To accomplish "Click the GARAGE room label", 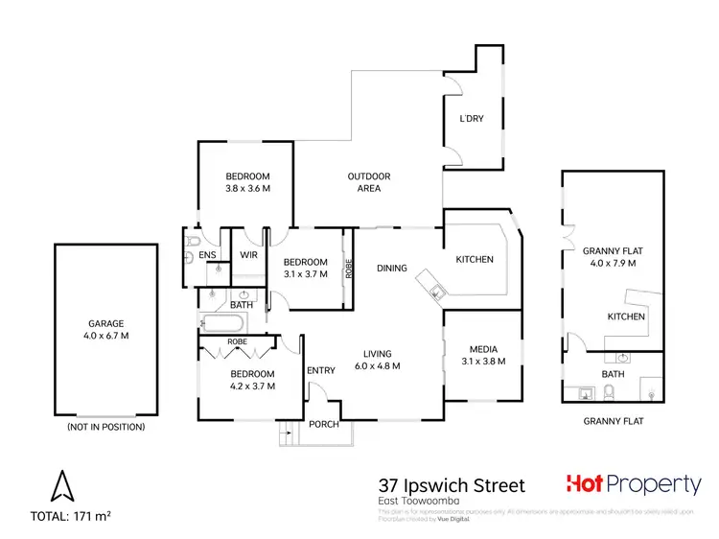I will (x=105, y=324).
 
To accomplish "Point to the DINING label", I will (x=392, y=269).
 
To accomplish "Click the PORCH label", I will (x=324, y=425).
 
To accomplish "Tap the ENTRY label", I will (x=321, y=370).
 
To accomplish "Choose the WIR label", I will (x=248, y=255).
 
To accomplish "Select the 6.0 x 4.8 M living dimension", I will (x=377, y=365).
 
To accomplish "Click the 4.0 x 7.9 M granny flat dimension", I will (x=612, y=265).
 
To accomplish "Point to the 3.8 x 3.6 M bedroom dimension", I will (x=247, y=189).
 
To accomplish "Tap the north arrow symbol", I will (x=61, y=485).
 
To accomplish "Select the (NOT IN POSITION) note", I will (x=105, y=427).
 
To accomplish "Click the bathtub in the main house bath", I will (x=220, y=323).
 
